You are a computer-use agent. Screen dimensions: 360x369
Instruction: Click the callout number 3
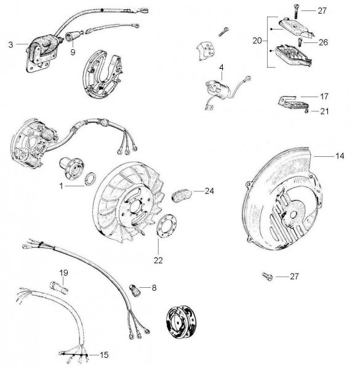[x=10, y=45]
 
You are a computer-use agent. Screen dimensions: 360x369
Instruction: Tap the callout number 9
[x=73, y=52]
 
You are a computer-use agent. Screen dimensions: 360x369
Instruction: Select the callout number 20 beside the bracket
[x=257, y=41]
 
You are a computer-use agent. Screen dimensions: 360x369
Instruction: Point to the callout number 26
[x=323, y=42]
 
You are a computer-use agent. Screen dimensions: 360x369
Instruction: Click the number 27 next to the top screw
[x=322, y=10]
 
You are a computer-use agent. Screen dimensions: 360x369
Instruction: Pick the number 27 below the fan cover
[x=294, y=276]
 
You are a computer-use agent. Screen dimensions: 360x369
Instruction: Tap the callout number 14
[x=339, y=156]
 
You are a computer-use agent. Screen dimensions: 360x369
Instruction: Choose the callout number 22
[x=158, y=260]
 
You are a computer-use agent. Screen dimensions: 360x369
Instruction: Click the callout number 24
[x=209, y=191]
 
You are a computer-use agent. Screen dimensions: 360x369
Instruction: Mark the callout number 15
[x=104, y=355]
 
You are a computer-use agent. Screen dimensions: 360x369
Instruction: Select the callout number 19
[x=63, y=272]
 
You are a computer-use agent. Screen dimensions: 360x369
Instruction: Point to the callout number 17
[x=324, y=97]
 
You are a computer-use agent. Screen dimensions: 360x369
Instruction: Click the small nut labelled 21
[x=306, y=111]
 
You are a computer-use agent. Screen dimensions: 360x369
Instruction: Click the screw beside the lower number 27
[x=268, y=276]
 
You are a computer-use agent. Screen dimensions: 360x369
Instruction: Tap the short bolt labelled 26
[x=300, y=43]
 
